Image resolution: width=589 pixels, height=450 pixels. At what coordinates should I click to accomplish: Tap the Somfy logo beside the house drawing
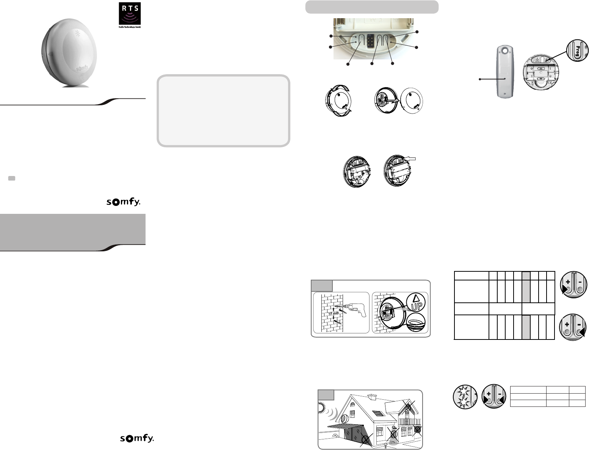coord(136,438)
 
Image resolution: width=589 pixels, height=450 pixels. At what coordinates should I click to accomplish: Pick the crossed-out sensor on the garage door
coord(365,439)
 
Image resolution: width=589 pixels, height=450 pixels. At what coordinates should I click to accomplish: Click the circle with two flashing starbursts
coord(465,397)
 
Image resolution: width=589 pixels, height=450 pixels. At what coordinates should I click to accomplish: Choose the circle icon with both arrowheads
coord(494,397)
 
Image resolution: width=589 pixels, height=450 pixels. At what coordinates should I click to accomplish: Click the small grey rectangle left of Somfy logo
coord(11,178)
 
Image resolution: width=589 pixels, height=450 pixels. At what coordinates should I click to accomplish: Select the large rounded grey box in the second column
coord(223,111)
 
